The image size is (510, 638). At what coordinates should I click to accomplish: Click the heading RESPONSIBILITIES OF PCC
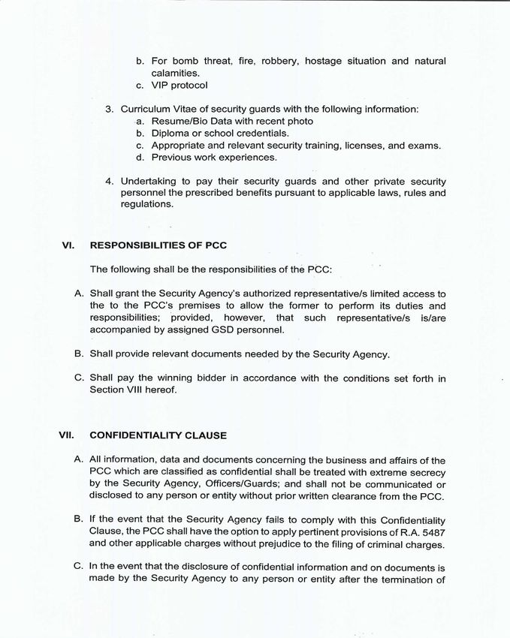click(158, 245)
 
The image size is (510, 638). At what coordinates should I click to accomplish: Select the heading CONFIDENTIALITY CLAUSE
click(158, 435)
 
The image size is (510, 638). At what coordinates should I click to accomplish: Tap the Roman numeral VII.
click(66, 435)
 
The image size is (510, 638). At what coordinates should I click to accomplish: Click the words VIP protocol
click(180, 86)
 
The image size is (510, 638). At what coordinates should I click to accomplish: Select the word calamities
click(176, 73)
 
